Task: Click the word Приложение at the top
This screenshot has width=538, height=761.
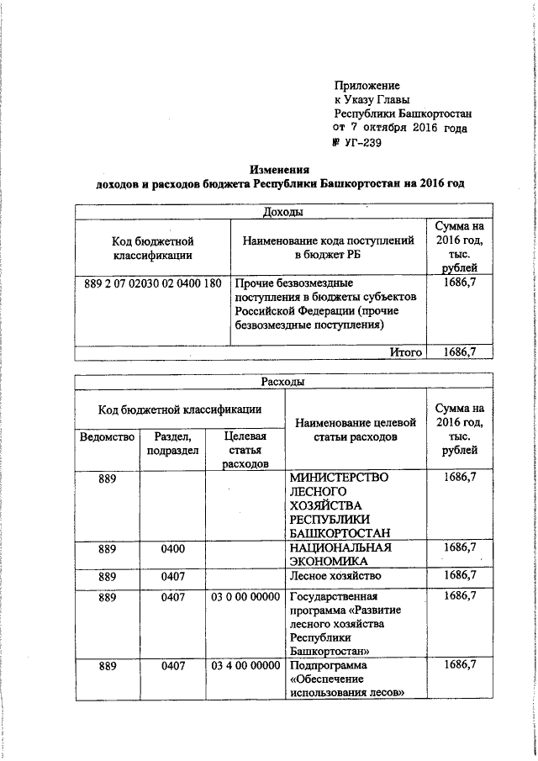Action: click(x=367, y=86)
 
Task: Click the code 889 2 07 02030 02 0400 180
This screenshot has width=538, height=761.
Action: click(x=153, y=283)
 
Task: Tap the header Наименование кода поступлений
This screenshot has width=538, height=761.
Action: click(x=329, y=248)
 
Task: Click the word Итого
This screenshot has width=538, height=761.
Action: click(x=405, y=352)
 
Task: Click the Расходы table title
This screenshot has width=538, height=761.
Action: click(x=282, y=383)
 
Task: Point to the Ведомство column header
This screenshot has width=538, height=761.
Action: click(x=107, y=436)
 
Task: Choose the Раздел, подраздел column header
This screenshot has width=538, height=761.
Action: click(x=171, y=443)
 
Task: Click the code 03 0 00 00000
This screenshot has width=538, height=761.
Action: click(x=246, y=596)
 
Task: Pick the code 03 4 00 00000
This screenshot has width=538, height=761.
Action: click(x=246, y=666)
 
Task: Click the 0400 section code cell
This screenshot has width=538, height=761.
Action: click(x=171, y=547)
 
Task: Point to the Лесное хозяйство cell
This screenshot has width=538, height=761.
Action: click(x=335, y=576)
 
